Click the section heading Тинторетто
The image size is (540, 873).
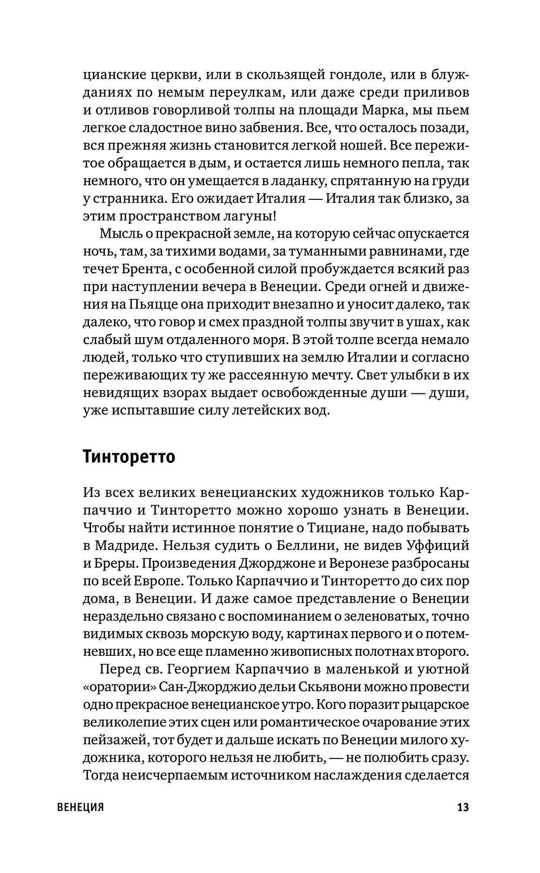click(x=130, y=456)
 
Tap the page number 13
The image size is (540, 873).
click(x=463, y=808)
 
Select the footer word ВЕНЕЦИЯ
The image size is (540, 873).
click(x=80, y=808)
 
